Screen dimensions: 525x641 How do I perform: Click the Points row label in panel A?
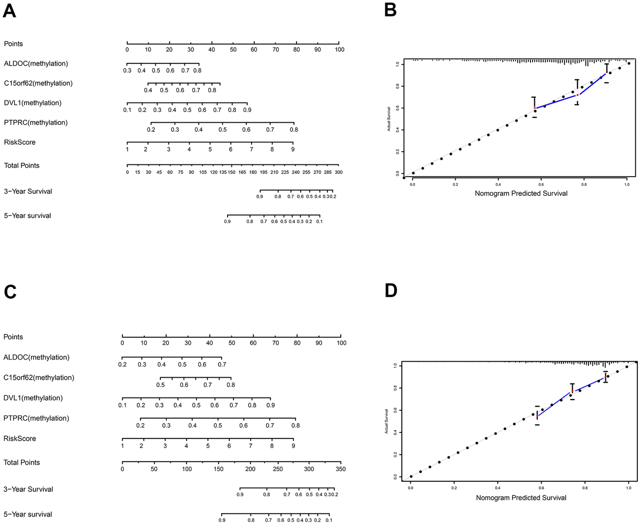tap(13, 43)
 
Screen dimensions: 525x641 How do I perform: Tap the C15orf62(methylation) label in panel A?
tap(38, 83)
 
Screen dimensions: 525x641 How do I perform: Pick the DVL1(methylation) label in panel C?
tap(33, 397)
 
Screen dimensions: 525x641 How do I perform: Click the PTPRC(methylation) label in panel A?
tap(36, 122)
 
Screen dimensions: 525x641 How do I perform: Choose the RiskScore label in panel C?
tap(20, 438)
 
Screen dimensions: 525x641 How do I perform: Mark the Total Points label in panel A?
tap(21, 165)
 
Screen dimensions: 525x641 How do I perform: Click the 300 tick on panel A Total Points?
tap(338, 172)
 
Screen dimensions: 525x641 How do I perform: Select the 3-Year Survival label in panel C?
tap(28, 489)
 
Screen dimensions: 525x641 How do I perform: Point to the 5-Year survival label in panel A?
tap(28, 216)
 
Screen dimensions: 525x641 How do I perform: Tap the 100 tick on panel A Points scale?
tap(339, 50)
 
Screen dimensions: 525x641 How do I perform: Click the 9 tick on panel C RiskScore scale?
tap(293, 446)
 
